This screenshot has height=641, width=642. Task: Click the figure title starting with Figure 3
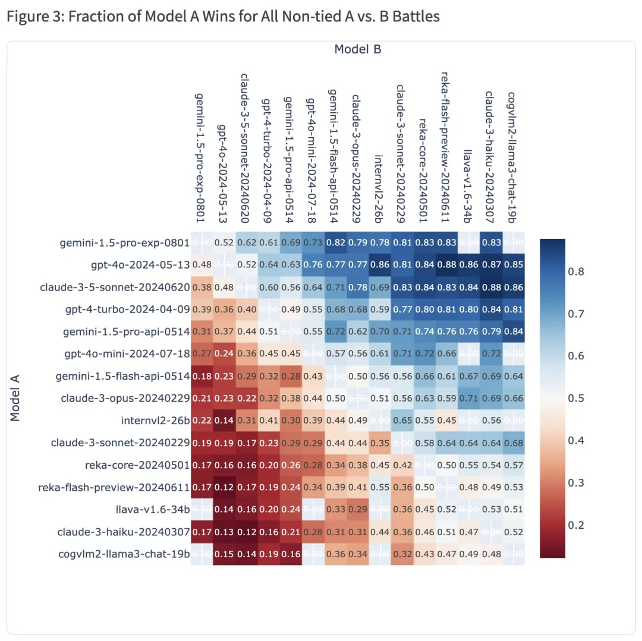tap(223, 16)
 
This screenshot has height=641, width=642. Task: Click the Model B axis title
tap(357, 49)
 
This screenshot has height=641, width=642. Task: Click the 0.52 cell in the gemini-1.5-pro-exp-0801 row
tap(224, 242)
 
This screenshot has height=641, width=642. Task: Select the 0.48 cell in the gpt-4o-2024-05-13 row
tap(202, 264)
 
